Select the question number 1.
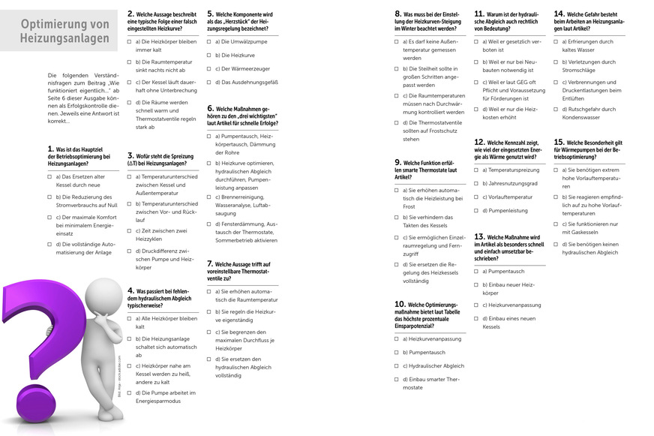pos(49,150)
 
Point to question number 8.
pos(398,14)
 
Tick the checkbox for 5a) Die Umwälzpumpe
pos(209,41)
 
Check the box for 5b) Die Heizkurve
pos(209,55)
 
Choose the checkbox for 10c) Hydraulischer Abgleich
pos(397,366)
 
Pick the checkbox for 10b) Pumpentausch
pos(397,352)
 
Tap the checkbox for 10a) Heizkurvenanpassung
pos(397,338)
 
